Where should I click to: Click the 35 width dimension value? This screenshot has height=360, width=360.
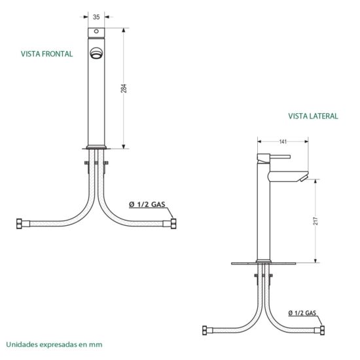96,17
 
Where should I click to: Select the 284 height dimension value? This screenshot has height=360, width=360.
124,88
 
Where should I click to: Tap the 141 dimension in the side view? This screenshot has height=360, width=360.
283,141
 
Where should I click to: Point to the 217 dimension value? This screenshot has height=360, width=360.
315,221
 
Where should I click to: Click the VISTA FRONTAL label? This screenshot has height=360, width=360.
47,54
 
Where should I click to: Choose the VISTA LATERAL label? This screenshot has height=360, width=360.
313,116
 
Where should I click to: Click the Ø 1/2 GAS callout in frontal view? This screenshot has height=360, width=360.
147,204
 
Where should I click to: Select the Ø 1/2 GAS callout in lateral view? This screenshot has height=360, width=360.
302,313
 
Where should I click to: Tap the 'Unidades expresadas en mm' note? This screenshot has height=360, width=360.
54,344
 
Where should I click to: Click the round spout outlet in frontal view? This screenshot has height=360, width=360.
96,53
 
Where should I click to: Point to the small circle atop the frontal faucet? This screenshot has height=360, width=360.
96,31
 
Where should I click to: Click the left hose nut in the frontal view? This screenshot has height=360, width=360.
19,224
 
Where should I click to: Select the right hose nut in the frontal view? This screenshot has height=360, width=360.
173,224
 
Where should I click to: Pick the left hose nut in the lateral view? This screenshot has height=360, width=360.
205,330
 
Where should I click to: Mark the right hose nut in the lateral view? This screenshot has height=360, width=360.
322,330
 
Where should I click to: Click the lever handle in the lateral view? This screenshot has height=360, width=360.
274,157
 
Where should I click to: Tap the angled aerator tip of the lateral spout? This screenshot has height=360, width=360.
304,178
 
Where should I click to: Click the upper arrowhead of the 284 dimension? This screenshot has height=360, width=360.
124,30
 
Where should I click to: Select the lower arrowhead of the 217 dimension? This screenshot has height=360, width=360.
315,261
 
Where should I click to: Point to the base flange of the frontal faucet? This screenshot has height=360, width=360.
96,147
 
